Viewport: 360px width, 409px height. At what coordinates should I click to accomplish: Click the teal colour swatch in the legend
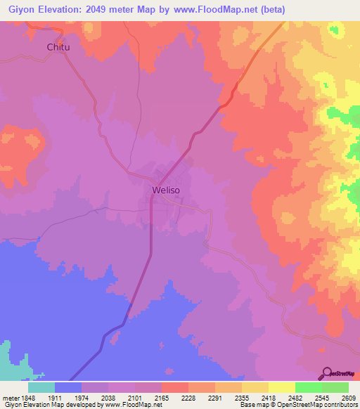pos(41,387)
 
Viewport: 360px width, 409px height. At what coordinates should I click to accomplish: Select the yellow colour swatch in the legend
pos(281,387)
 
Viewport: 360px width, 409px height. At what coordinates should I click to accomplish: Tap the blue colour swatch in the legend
pos(68,387)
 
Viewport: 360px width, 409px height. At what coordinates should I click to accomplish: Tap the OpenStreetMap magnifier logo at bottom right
pos(326,372)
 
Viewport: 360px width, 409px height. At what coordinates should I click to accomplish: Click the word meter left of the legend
pos(10,397)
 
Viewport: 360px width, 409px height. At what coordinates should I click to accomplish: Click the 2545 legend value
pos(308,397)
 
